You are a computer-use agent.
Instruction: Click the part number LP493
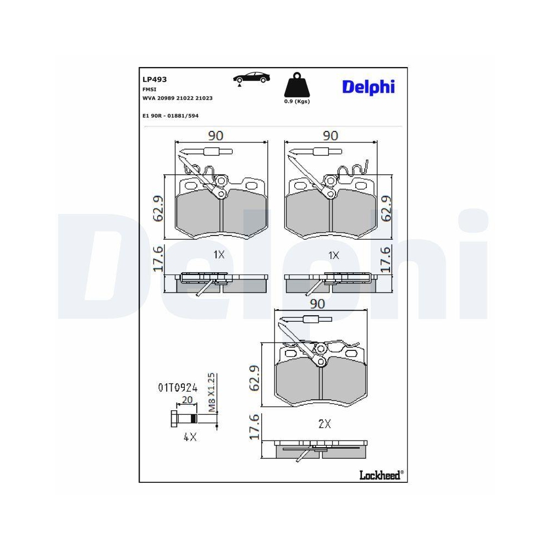[x=155, y=80]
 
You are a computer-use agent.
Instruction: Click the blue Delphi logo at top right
[x=369, y=87]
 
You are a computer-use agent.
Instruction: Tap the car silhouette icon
[x=251, y=78]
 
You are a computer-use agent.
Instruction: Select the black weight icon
[x=297, y=85]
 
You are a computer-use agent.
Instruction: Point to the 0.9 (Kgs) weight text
[x=297, y=101]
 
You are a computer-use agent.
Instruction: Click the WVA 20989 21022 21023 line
[x=178, y=98]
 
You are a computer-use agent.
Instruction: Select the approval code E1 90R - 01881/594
[x=170, y=116]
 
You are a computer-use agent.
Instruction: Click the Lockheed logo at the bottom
[x=381, y=475]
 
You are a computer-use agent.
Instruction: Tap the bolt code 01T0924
[x=178, y=388]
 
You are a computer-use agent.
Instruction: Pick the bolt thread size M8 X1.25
[x=212, y=392]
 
